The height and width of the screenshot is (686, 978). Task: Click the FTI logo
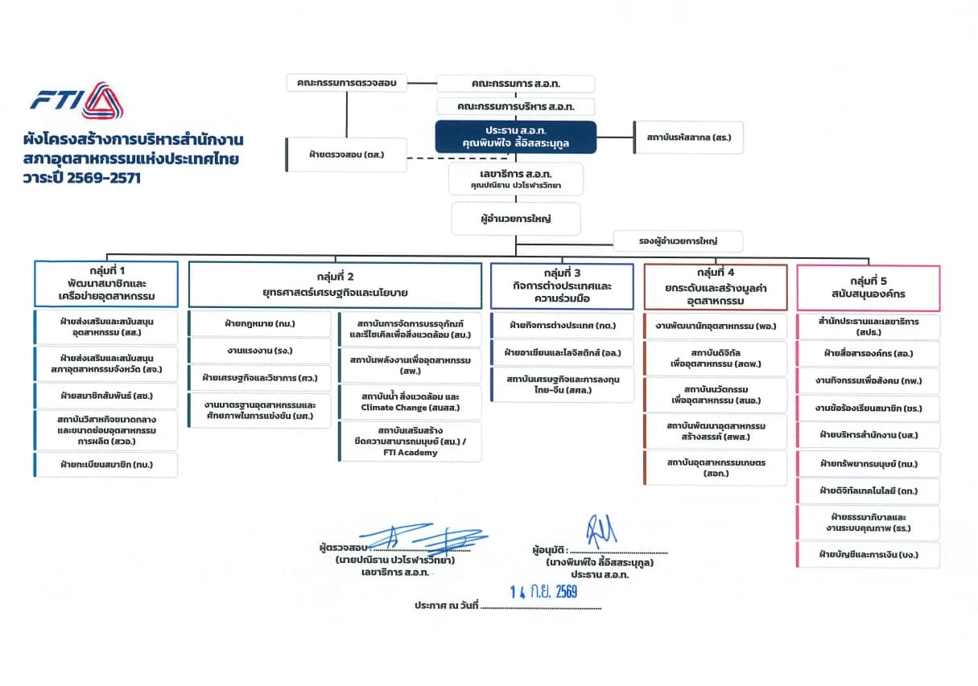click(x=76, y=101)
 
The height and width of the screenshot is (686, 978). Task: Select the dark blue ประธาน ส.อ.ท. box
click(x=516, y=137)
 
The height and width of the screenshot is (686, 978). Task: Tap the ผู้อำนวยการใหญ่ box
click(x=516, y=219)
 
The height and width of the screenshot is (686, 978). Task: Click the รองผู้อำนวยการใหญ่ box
click(x=678, y=241)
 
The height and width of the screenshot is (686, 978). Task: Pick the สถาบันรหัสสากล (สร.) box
click(x=688, y=138)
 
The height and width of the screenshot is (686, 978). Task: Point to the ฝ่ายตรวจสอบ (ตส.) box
click(x=346, y=155)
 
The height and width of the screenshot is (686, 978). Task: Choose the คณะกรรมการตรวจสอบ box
click(x=347, y=83)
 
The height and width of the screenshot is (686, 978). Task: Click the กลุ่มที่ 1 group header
click(x=106, y=284)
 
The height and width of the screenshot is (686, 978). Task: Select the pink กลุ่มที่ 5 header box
click(x=869, y=288)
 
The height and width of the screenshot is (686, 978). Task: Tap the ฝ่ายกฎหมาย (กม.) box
click(x=260, y=323)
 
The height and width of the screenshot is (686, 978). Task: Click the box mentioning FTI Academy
click(x=410, y=442)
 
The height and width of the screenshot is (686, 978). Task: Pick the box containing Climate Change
click(x=410, y=402)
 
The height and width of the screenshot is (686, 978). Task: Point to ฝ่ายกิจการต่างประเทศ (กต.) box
click(x=563, y=326)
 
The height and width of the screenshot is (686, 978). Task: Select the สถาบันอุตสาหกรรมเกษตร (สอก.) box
click(x=716, y=468)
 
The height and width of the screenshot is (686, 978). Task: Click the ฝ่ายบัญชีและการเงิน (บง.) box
click(x=869, y=555)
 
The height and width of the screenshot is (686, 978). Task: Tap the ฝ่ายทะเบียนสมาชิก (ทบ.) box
click(x=106, y=465)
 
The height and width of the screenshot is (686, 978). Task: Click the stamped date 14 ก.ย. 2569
click(x=543, y=592)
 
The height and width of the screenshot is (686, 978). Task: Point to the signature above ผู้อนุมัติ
click(x=601, y=531)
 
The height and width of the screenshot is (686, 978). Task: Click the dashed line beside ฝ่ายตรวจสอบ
click(x=457, y=158)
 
